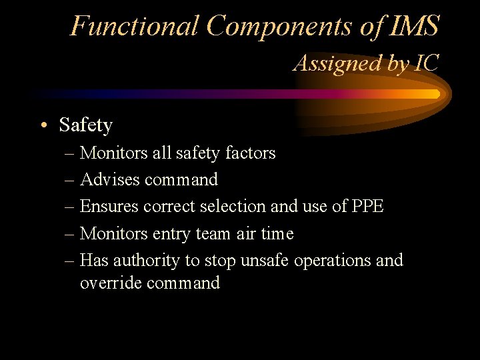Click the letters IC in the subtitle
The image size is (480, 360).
coord(426,63)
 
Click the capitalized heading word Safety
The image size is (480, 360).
coord(85,125)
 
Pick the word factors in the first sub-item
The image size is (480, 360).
coord(249,153)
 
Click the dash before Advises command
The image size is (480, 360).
coord(71,180)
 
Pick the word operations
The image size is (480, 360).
coord(333,261)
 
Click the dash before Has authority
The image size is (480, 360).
coord(71,260)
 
